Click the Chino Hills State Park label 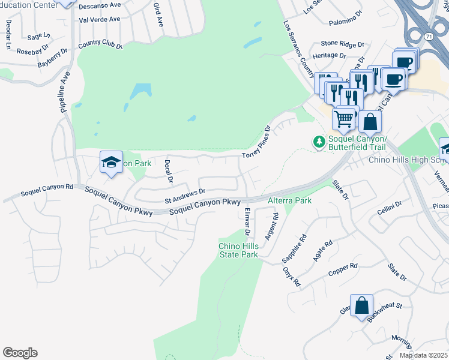238,250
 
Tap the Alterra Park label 289,200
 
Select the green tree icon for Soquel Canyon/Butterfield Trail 319,141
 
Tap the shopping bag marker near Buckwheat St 362,306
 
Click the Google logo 20,353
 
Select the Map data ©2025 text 423,355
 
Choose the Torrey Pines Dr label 258,143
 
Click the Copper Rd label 343,270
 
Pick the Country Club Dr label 100,44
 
